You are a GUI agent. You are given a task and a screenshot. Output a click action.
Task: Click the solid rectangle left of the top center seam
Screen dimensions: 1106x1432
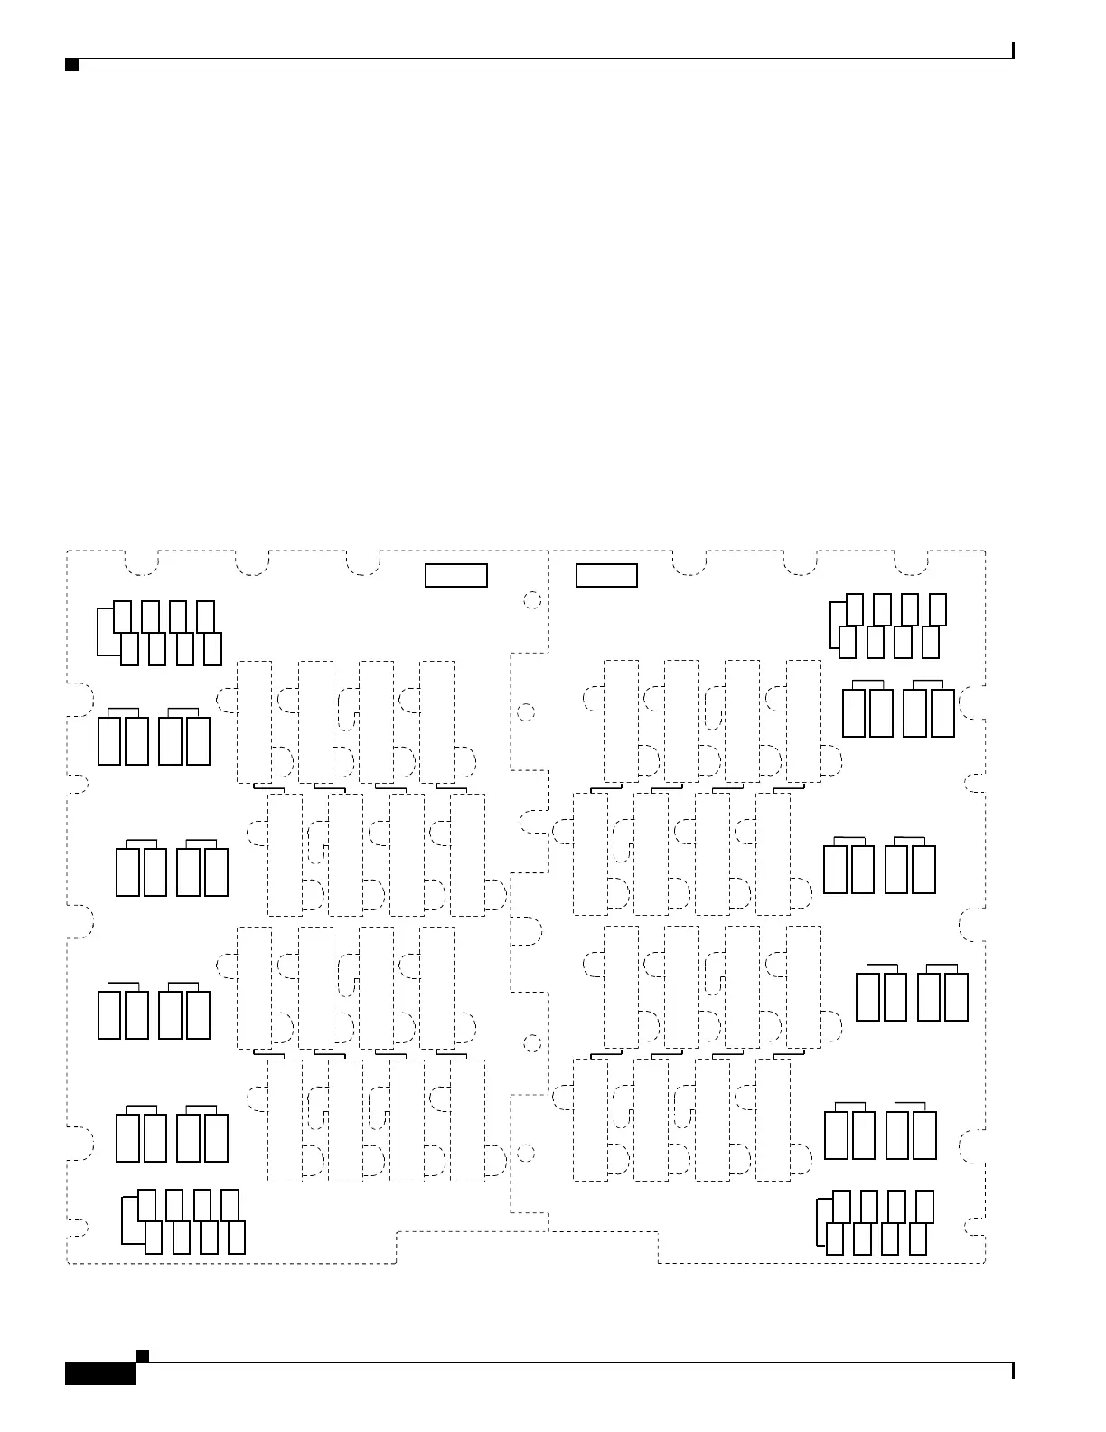click(x=456, y=575)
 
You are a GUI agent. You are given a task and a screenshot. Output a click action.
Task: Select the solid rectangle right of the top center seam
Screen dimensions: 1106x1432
click(x=606, y=575)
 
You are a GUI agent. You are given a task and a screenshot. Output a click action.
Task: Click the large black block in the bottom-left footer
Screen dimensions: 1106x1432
click(x=100, y=1373)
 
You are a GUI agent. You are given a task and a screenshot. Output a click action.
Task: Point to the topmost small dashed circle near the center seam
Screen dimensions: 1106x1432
click(x=532, y=600)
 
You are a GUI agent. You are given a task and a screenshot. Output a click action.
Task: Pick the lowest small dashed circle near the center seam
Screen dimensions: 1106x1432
click(x=525, y=1154)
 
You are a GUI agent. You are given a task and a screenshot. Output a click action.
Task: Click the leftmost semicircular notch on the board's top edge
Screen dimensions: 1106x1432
click(x=140, y=562)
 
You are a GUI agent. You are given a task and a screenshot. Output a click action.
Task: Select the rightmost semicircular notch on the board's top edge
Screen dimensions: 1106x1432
click(x=911, y=562)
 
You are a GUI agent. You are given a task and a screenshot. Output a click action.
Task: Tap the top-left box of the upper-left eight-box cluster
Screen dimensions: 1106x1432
click(x=123, y=617)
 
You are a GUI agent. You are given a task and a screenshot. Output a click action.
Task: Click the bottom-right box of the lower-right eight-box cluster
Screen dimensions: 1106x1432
click(x=918, y=1239)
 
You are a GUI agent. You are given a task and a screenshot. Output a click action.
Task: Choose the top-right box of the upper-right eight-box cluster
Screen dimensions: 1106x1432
click(x=939, y=609)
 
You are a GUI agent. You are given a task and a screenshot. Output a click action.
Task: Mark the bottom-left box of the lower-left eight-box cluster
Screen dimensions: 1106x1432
click(x=154, y=1237)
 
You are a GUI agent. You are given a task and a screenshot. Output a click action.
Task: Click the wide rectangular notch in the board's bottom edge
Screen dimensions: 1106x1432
click(x=527, y=1248)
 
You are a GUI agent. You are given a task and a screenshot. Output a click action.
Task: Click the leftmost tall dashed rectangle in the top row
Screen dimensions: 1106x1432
click(x=254, y=721)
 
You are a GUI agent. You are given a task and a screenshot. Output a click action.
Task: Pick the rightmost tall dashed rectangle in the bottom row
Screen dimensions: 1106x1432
click(x=773, y=1119)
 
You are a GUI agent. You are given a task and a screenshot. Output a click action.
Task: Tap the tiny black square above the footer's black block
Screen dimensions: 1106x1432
click(x=141, y=1355)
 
